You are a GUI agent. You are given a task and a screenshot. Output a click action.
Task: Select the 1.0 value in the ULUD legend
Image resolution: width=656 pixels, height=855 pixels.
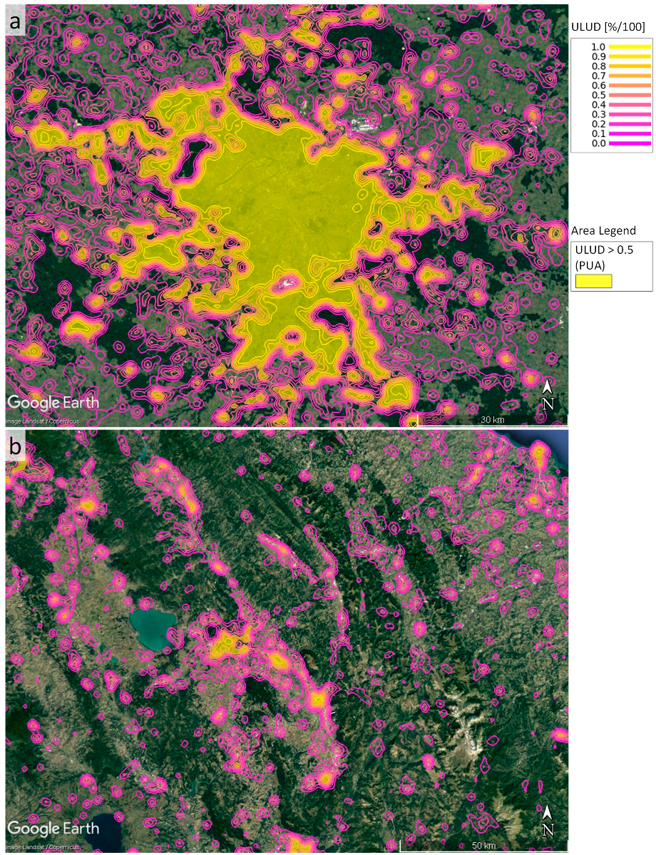coord(588,46)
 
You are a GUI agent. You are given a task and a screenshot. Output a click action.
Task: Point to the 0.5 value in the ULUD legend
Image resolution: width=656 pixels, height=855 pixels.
coord(588,95)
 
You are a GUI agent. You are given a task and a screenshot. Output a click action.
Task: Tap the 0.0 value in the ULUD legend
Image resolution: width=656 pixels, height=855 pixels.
coord(588,143)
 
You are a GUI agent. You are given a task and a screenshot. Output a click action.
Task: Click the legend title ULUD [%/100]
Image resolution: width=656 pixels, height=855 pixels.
coord(608,27)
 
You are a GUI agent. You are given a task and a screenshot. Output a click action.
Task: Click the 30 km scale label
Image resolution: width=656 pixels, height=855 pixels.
coord(493,419)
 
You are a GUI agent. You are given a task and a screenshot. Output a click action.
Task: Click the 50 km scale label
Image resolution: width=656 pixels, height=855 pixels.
coord(484,846)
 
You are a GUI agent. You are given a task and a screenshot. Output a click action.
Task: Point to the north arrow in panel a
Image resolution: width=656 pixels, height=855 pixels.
coord(548,394)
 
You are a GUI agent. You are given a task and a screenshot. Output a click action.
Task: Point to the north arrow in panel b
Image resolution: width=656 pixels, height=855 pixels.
coord(548,821)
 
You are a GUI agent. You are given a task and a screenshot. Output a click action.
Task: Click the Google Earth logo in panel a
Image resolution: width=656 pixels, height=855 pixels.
coord(53,403)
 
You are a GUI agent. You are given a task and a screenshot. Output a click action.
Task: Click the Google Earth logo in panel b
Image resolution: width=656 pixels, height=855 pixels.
coord(53,829)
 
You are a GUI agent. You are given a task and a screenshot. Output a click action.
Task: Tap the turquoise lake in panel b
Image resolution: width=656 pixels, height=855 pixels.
coord(153,628)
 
